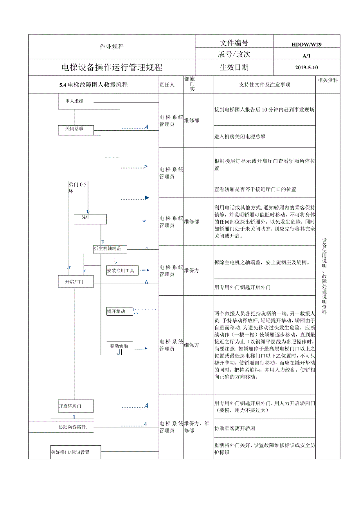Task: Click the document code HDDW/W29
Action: pyautogui.click(x=306, y=45)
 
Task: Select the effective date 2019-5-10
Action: pyautogui.click(x=306, y=67)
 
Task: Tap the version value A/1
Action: pyautogui.click(x=306, y=56)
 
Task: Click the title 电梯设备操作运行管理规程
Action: pyautogui.click(x=112, y=67)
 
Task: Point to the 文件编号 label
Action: pyautogui.click(x=234, y=43)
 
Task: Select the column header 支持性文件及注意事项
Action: pyautogui.click(x=265, y=85)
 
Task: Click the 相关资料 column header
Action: pyautogui.click(x=328, y=80)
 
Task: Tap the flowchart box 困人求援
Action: pyautogui.click(x=74, y=101)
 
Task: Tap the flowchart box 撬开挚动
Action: pyautogui.click(x=116, y=311)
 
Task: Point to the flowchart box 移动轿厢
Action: pyautogui.click(x=119, y=346)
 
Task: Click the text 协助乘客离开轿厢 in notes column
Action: pyautogui.click(x=235, y=428)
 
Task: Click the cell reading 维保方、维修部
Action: pyautogui.click(x=198, y=427)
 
